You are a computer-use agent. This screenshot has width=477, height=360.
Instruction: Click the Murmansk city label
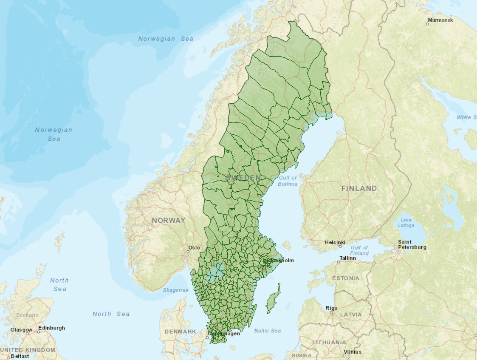[440, 20]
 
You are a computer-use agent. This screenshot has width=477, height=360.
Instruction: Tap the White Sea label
[466, 117]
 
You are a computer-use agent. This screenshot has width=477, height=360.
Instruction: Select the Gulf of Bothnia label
[288, 181]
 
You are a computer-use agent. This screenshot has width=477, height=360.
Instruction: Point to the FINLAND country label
[359, 188]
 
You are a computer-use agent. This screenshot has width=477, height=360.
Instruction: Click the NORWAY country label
[169, 220]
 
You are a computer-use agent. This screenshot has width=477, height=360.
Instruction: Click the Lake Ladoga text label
[406, 223]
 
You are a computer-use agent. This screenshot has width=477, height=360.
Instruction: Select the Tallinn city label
[347, 258]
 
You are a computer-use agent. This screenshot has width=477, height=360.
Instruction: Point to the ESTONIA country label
[345, 278]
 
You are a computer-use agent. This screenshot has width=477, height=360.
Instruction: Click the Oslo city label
[194, 247]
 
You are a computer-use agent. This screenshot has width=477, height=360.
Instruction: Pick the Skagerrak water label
[175, 290]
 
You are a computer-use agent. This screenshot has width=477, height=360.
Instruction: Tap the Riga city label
[331, 308]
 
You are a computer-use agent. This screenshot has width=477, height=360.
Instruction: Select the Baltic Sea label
[267, 331]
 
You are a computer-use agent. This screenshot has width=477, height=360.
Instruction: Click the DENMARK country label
[180, 332]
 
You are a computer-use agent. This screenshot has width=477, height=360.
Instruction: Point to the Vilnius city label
[353, 352]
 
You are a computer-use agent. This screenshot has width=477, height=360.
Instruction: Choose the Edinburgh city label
[51, 328]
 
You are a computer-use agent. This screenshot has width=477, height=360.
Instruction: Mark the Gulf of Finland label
[359, 250]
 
